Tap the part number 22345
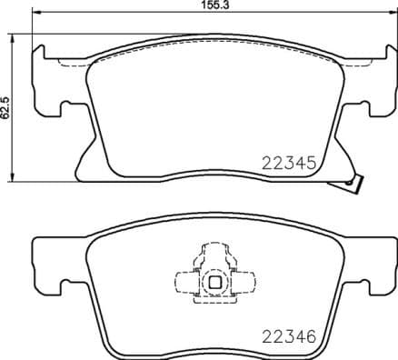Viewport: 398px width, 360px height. [x=286, y=165]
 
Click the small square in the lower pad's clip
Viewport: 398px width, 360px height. [x=215, y=281]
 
